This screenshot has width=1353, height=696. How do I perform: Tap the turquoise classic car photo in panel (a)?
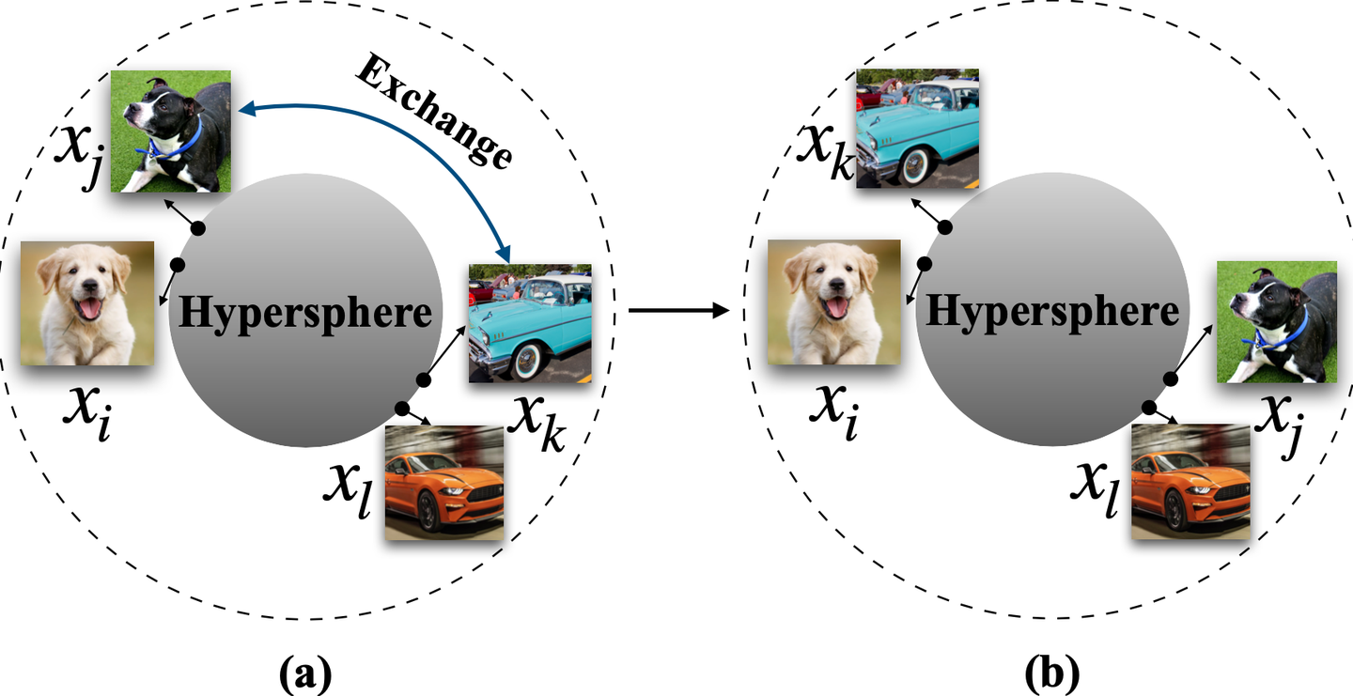[x=530, y=322]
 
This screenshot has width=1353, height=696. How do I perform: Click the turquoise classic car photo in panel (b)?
[x=917, y=128]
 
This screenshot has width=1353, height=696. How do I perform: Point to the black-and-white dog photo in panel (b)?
[x=1277, y=322]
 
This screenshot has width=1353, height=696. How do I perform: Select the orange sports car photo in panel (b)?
[x=1190, y=482]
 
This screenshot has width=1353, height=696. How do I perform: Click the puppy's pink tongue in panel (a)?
[x=91, y=308]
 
